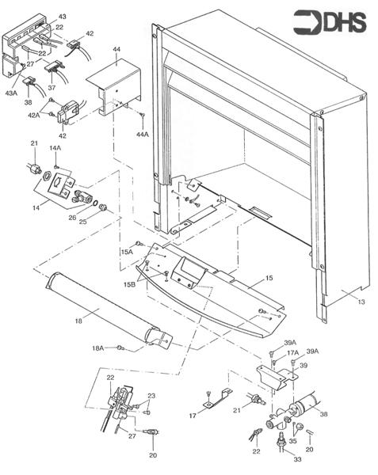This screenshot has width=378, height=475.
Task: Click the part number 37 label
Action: pyautogui.click(x=52, y=89)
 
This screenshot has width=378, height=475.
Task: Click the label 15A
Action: pyautogui.click(x=127, y=252)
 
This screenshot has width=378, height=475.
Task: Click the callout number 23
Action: pyautogui.click(x=151, y=396)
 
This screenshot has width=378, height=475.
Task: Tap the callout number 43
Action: pyautogui.click(x=63, y=16)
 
